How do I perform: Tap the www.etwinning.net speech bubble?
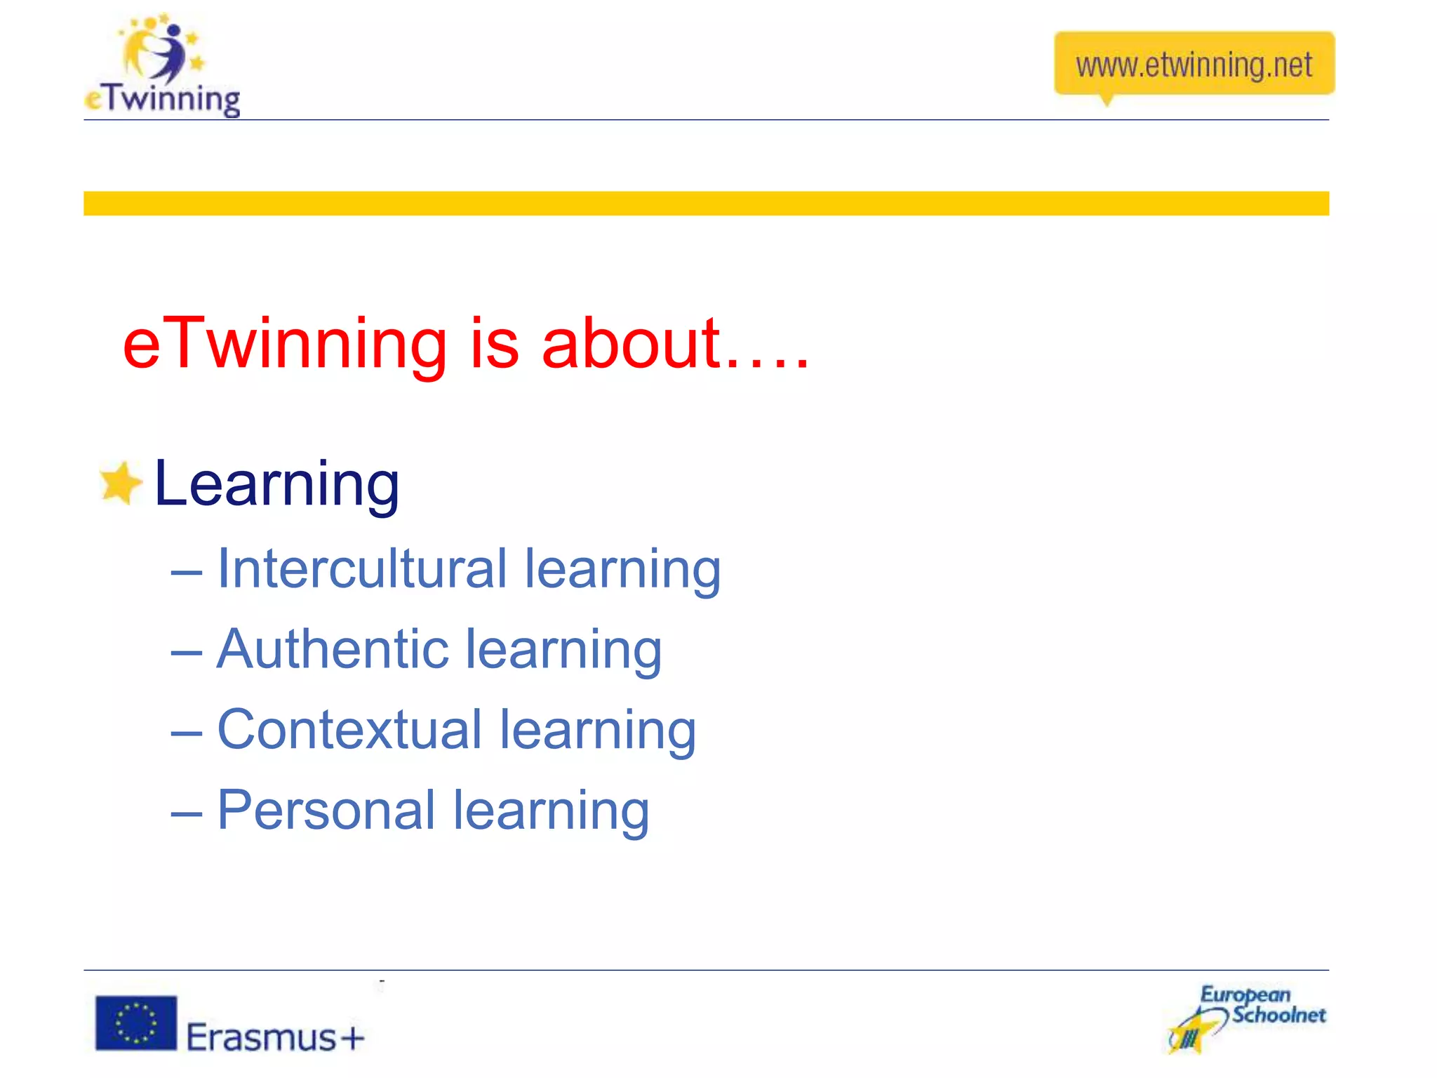pyautogui.click(x=1194, y=65)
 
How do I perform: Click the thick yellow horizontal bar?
pyautogui.click(x=705, y=204)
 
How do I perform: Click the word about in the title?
pyautogui.click(x=631, y=344)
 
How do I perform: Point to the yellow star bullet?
pyautogui.click(x=120, y=483)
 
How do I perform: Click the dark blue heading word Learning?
pyautogui.click(x=276, y=484)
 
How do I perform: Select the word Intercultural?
pyautogui.click(x=361, y=568)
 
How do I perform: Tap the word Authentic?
pyautogui.click(x=333, y=649)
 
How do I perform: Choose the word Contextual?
pyautogui.click(x=349, y=730)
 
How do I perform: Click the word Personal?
pyautogui.click(x=326, y=811)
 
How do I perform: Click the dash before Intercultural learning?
pyautogui.click(x=187, y=573)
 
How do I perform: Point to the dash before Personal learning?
pyautogui.click(x=187, y=815)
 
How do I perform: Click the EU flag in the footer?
pyautogui.click(x=136, y=1023)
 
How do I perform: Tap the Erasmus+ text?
pyautogui.click(x=276, y=1037)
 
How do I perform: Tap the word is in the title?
pyautogui.click(x=495, y=344)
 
